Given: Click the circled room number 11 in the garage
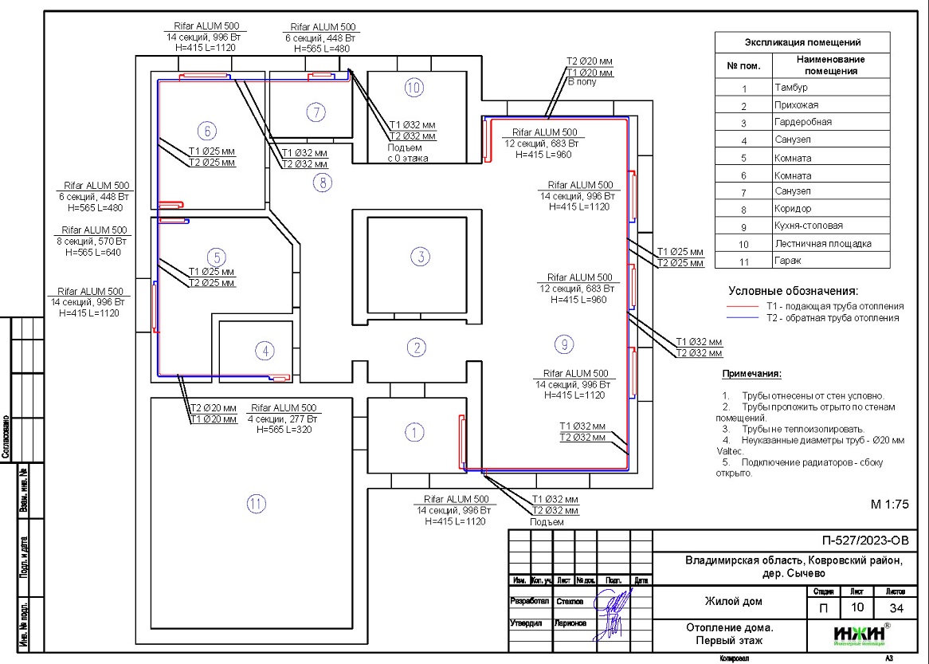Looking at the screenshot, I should pos(256,504).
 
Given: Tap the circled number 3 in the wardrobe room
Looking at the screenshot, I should pos(419,257).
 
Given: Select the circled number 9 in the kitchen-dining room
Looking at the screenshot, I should pos(563,344).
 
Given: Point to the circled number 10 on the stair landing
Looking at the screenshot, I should pos(413,88).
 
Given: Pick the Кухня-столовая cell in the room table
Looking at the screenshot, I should pos(808,226).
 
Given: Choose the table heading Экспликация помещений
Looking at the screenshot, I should pos(802,42).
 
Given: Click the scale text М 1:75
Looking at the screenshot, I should pos(889,505).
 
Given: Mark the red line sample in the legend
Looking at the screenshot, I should pos(744,306).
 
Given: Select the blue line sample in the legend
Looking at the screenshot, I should pos(744,318).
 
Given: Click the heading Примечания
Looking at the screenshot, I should pos(751,374).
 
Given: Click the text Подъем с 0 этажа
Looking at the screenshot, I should pos(408,152).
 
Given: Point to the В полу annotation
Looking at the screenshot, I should pos(582,82).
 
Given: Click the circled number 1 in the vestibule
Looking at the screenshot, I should pos(414,433).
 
